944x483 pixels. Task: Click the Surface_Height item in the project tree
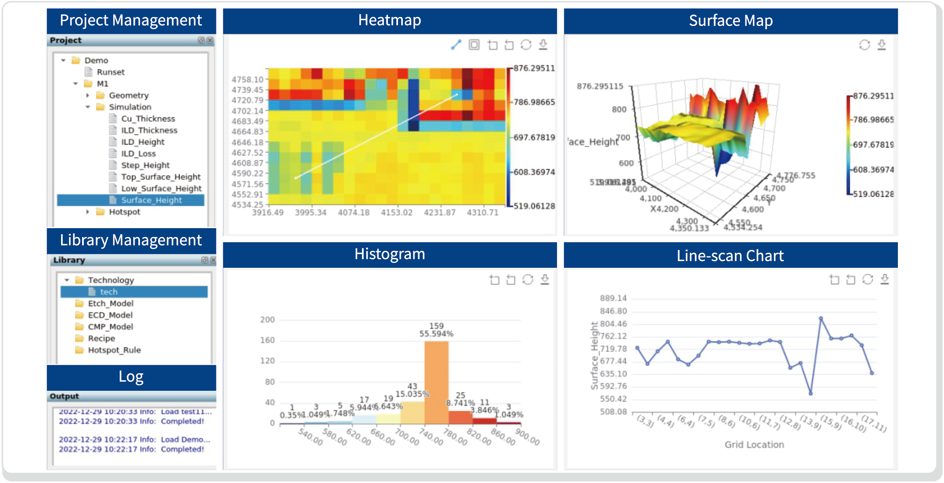pyautogui.click(x=151, y=200)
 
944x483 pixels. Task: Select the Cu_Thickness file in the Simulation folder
pyautogui.click(x=148, y=119)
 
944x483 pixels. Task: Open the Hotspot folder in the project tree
pyautogui.click(x=124, y=212)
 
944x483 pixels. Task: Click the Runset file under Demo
pyautogui.click(x=110, y=72)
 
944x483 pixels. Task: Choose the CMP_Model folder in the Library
pyautogui.click(x=110, y=327)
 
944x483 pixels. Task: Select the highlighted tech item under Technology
pyautogui.click(x=108, y=292)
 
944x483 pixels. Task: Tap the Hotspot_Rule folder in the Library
pyautogui.click(x=114, y=350)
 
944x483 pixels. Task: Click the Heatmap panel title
pyautogui.click(x=389, y=20)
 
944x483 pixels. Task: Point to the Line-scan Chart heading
pyautogui.click(x=730, y=256)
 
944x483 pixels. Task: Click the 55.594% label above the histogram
pyautogui.click(x=436, y=334)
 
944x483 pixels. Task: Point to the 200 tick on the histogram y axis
pyautogui.click(x=267, y=320)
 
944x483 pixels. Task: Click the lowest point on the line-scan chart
pyautogui.click(x=811, y=393)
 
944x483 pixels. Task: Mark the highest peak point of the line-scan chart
pyautogui.click(x=821, y=319)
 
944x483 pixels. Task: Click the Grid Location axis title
pyautogui.click(x=754, y=445)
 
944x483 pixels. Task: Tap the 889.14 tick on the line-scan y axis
pyautogui.click(x=613, y=299)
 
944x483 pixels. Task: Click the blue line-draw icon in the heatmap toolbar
pyautogui.click(x=456, y=45)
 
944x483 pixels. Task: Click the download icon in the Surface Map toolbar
pyautogui.click(x=882, y=45)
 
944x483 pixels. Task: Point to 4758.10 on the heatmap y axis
pyautogui.click(x=247, y=80)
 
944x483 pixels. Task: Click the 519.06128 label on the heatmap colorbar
pyautogui.click(x=534, y=206)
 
